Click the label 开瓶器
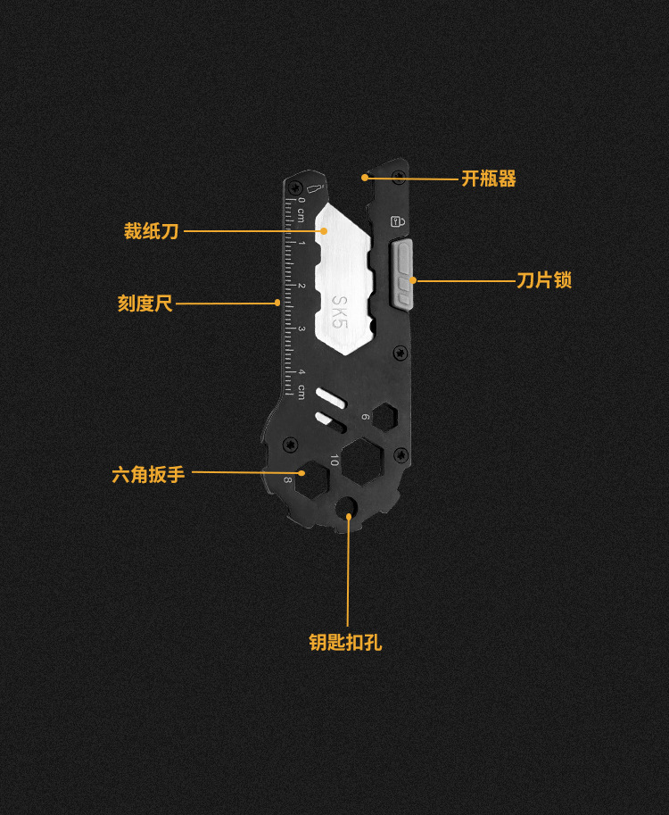coord(489,179)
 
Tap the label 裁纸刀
coord(151,231)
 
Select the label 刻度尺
coord(145,304)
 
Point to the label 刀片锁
coord(544,280)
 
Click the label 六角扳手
coord(148,474)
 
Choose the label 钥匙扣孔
coord(345,642)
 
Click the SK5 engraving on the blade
coord(339,312)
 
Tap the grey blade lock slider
coord(403,272)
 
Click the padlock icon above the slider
coord(397,220)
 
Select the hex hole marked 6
coord(385,416)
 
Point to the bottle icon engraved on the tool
coord(313,187)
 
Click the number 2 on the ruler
coord(301,286)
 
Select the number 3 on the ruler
coord(301,328)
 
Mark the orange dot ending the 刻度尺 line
coord(278,304)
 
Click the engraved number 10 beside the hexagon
coord(334,461)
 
